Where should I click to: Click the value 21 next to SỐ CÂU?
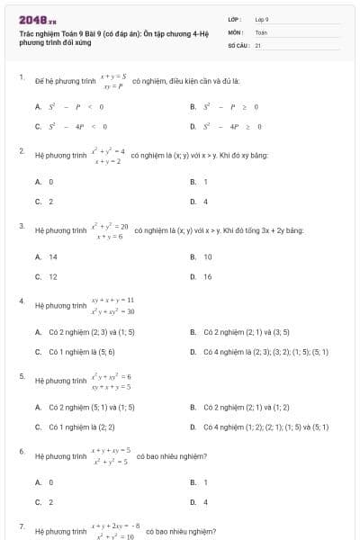point(258,44)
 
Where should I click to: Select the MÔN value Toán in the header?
point(261,31)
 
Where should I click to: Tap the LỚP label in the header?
point(235,19)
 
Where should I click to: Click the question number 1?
point(22,77)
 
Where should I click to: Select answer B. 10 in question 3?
point(202,256)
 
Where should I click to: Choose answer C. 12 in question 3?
point(47,276)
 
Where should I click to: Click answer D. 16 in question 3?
point(202,276)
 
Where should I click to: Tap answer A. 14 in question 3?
point(47,256)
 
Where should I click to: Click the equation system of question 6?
point(111,455)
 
